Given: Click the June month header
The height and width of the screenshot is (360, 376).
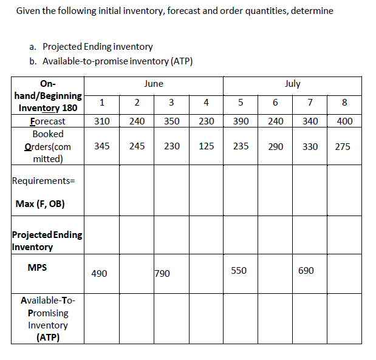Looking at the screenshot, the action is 154,84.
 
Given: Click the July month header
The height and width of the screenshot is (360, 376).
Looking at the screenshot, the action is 292,84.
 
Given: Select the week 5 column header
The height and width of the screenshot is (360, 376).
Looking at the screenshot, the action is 241,103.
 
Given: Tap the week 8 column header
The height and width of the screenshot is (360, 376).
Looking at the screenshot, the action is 344,103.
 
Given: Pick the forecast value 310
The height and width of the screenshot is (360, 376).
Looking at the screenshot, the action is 102,121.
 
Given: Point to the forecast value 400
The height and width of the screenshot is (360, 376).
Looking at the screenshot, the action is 344,121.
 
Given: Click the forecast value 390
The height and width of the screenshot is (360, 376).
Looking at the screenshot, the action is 241,121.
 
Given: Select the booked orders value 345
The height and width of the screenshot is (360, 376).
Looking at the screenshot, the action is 102,146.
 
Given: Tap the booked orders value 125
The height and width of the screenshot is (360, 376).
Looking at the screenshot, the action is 206,146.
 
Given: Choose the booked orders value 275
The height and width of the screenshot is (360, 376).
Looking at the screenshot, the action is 342,146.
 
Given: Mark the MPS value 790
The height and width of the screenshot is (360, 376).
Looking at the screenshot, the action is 163,274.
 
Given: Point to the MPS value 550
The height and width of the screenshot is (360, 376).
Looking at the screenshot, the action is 239,271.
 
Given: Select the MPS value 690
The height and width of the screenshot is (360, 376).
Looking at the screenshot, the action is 306,271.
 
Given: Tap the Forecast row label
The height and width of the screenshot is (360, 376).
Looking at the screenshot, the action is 47,121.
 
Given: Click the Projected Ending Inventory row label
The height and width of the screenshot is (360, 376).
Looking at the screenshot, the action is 47,241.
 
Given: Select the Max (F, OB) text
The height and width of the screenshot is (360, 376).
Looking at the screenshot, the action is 40,203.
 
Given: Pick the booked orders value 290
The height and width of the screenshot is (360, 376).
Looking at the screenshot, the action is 275,146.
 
